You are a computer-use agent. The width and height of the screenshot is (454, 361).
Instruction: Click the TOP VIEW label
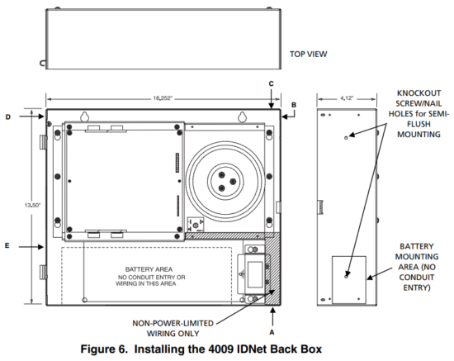pos(309,55)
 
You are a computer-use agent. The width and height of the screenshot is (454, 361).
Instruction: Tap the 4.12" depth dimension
pos(347,97)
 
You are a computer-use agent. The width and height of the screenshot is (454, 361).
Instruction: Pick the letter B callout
pos(292,104)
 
